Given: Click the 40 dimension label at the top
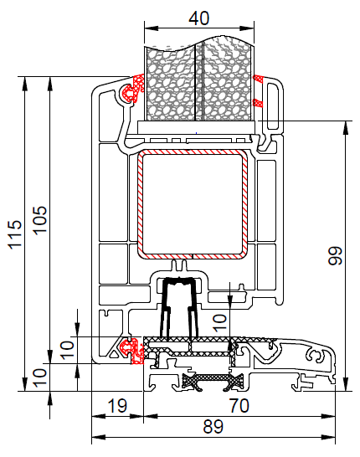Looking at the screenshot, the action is click(x=198, y=18).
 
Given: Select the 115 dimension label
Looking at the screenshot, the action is click(x=15, y=234).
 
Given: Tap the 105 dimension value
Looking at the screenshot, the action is click(x=40, y=220).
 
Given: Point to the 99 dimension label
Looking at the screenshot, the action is click(x=335, y=255).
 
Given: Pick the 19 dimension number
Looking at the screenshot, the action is click(x=117, y=406).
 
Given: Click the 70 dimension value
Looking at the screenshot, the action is click(x=239, y=406).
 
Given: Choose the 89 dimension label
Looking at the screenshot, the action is click(x=213, y=427).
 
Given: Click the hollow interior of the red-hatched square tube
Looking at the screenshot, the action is click(x=193, y=204).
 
